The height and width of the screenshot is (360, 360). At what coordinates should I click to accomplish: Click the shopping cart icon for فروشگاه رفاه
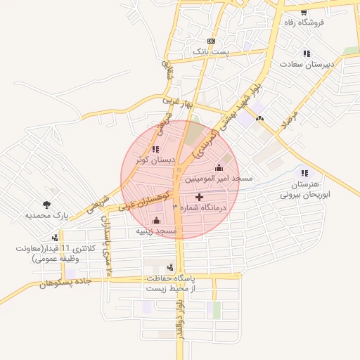[303, 13]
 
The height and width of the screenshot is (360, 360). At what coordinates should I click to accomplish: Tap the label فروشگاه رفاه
[303, 23]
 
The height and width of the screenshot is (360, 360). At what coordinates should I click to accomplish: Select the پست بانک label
[211, 52]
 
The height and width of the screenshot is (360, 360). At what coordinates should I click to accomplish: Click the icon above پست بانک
[212, 41]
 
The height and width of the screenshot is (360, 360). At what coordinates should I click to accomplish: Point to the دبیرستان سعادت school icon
[306, 53]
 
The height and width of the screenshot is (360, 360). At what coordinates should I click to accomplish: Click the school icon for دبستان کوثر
[155, 149]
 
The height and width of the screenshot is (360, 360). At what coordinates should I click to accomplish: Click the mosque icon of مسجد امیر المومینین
[219, 167]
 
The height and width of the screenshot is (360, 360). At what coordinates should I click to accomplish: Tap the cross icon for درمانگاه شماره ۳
[199, 198]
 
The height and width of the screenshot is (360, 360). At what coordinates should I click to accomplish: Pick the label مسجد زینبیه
[156, 231]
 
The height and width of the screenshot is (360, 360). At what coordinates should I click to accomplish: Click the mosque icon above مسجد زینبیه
[156, 220]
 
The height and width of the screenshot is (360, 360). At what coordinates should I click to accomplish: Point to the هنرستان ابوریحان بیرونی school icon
[304, 173]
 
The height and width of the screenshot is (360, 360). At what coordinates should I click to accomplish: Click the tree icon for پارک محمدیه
[46, 205]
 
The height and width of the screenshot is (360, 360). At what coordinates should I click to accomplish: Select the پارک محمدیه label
[46, 216]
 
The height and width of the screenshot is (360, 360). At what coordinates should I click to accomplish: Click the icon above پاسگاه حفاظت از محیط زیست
[171, 267]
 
